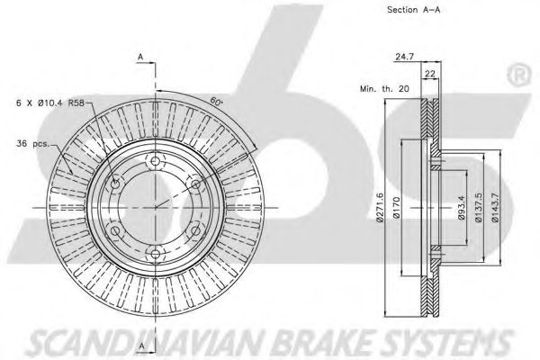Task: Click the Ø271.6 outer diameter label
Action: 382,207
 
